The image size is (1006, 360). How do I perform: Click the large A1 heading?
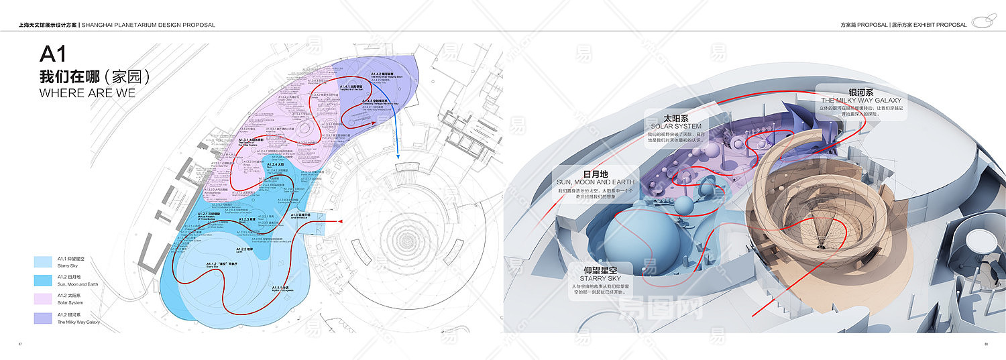click(x=54, y=54)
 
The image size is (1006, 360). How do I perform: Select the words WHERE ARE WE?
click(x=87, y=93)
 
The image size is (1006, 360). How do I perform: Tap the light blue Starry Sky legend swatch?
click(x=44, y=261)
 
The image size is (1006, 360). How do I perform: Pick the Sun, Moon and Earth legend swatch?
click(x=44, y=280)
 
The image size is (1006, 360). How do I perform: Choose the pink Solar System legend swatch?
click(x=44, y=298)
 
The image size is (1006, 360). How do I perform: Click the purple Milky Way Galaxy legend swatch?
click(x=44, y=318)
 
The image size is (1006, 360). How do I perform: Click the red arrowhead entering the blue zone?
click(x=339, y=221)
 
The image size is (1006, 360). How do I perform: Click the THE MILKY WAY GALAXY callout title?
click(x=861, y=101)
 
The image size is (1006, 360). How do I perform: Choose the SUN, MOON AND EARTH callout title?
click(x=595, y=182)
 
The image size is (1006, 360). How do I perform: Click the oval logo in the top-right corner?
click(x=983, y=22)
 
